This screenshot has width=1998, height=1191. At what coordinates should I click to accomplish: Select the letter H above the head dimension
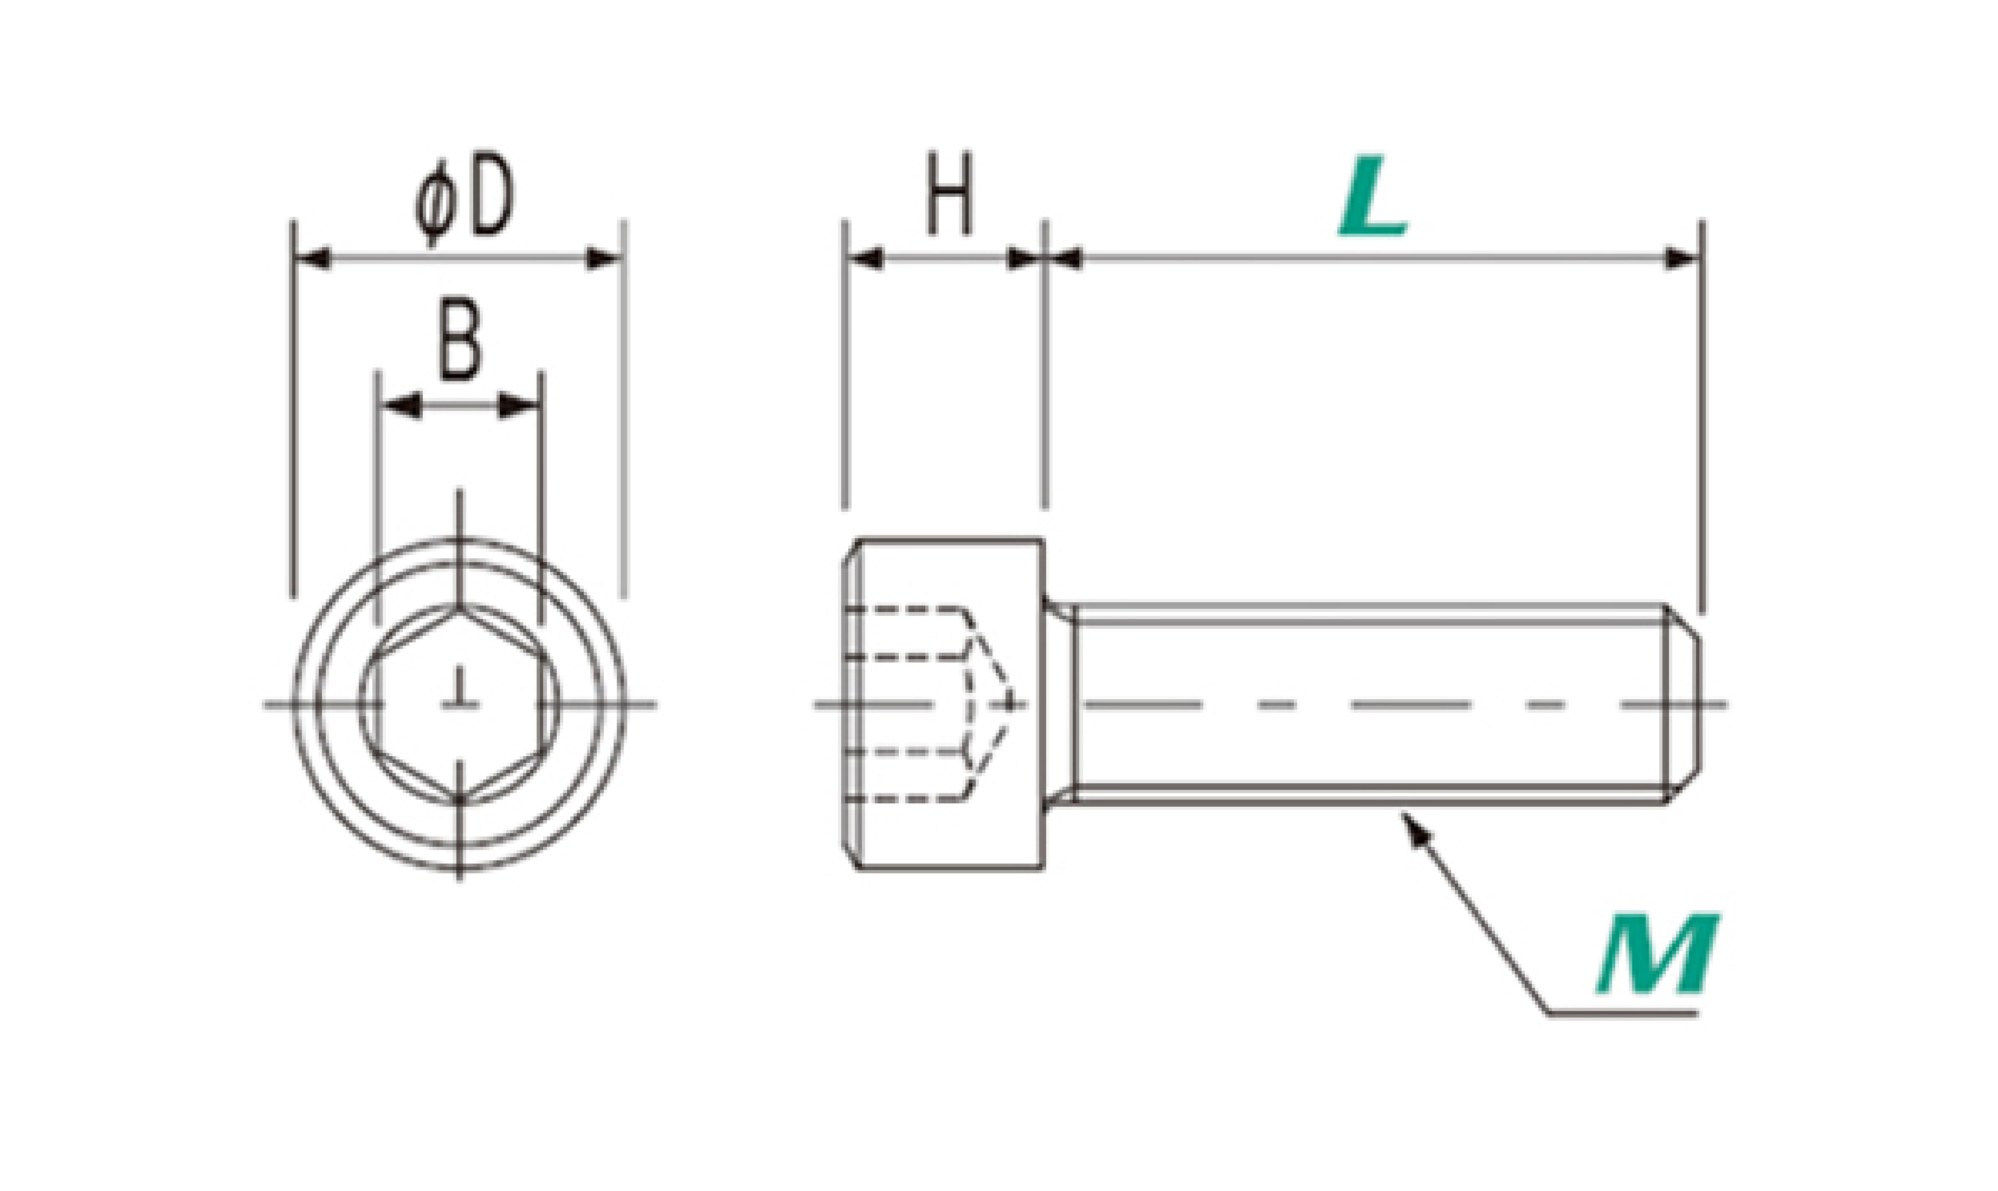point(949,194)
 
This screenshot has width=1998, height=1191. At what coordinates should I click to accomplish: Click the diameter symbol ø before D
point(436,201)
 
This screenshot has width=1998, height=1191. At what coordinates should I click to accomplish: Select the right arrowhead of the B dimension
point(518,405)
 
